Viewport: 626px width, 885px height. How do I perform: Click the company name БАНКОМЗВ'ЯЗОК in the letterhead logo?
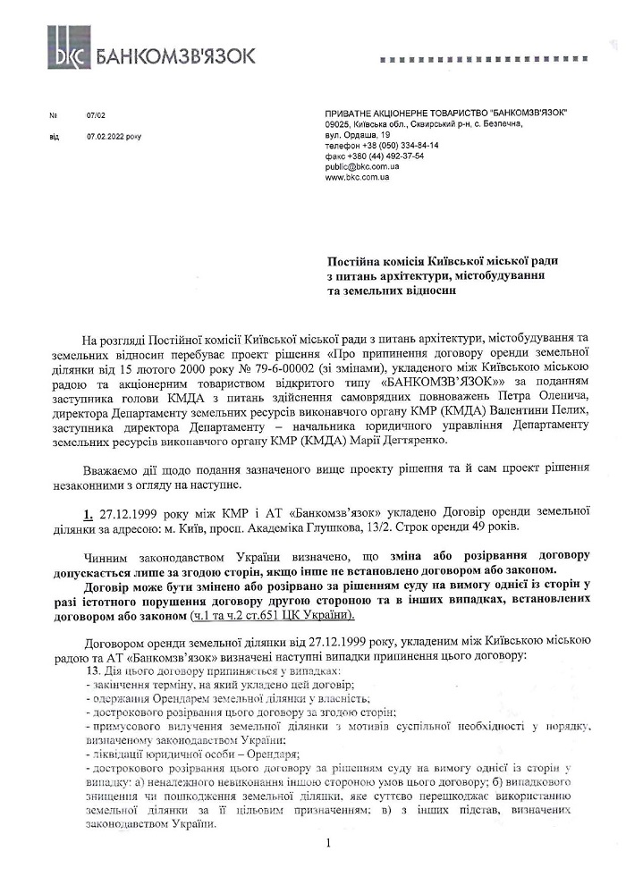click(x=174, y=55)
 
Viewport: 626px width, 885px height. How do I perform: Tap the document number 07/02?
click(x=96, y=115)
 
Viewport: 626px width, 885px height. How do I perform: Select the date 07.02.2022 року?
click(x=114, y=137)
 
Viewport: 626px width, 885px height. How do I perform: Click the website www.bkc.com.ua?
click(x=358, y=177)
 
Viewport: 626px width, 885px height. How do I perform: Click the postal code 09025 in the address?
click(x=337, y=124)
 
